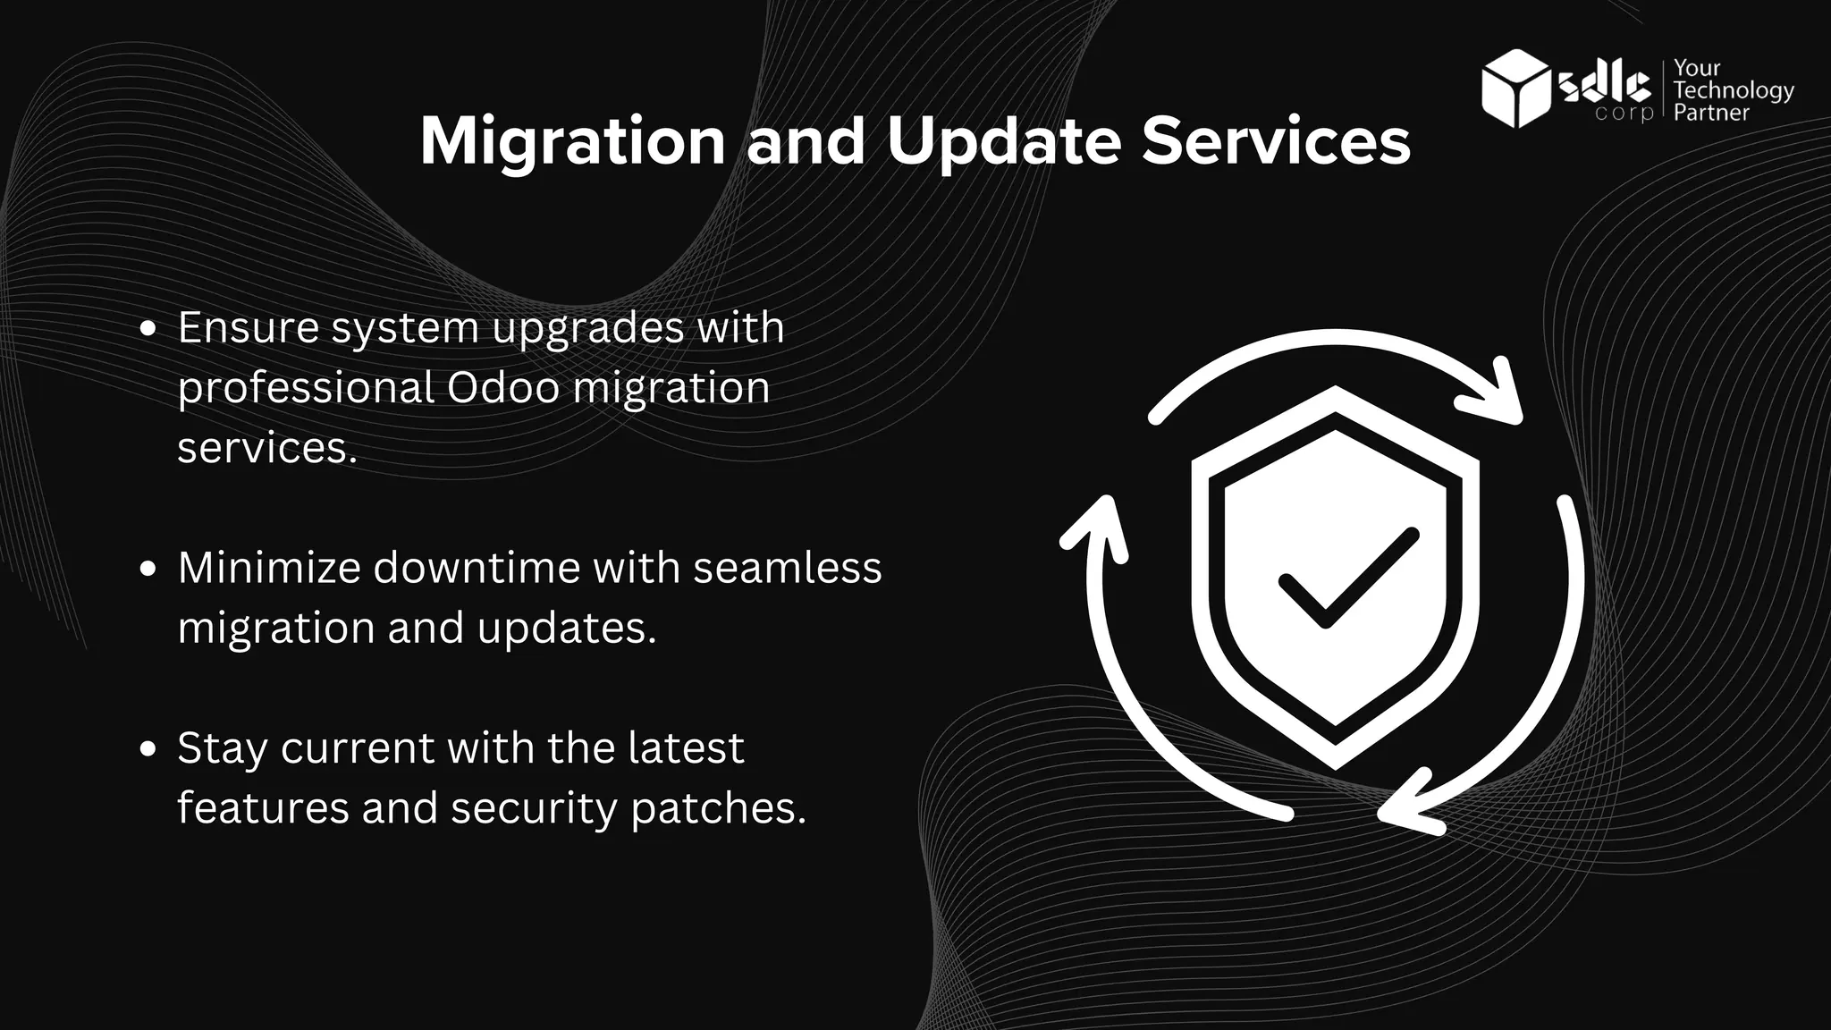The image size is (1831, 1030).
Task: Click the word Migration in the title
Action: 572,142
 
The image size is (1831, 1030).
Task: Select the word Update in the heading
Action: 1003,142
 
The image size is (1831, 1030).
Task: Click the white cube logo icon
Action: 1515,89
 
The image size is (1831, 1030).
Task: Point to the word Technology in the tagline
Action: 1734,90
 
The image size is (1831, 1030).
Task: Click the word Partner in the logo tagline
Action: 1711,113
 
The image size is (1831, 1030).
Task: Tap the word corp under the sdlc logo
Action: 1624,114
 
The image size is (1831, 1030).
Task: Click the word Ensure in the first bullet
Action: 249,328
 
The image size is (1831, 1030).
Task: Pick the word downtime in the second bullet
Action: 477,568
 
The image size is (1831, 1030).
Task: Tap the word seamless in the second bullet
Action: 787,568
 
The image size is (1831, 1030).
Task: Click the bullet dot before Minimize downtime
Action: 149,570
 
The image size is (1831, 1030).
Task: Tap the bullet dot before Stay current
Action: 149,749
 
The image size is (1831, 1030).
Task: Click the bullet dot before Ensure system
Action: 149,329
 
